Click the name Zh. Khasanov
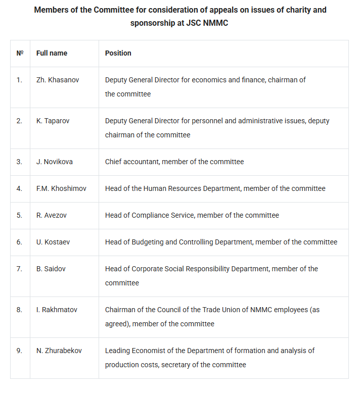pos(58,80)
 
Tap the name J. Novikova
pos(55,162)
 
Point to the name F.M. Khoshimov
pos(61,188)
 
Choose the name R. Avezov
pos(52,215)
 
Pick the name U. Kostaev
pos(53,242)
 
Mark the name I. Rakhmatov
pos(57,310)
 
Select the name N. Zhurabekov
pos(59,351)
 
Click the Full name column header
pos(52,53)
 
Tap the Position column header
pos(118,53)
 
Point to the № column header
pos(20,53)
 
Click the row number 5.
pos(19,215)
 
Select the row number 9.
pos(19,351)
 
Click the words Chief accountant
pos(129,162)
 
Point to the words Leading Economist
pos(136,351)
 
